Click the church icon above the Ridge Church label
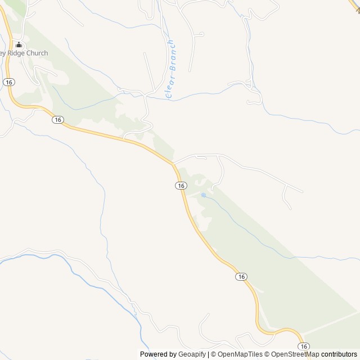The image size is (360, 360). [19, 45]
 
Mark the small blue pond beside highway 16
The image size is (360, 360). [203, 195]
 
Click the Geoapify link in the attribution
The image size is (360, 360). [192, 354]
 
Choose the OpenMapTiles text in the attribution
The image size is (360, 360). [240, 354]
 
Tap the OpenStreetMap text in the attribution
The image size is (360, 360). [295, 354]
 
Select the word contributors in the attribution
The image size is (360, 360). [339, 354]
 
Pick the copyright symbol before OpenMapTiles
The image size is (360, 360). [213, 354]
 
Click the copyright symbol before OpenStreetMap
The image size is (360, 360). [267, 354]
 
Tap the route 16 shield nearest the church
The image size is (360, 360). [8, 82]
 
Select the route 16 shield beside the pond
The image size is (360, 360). [180, 186]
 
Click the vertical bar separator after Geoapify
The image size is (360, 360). [208, 354]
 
